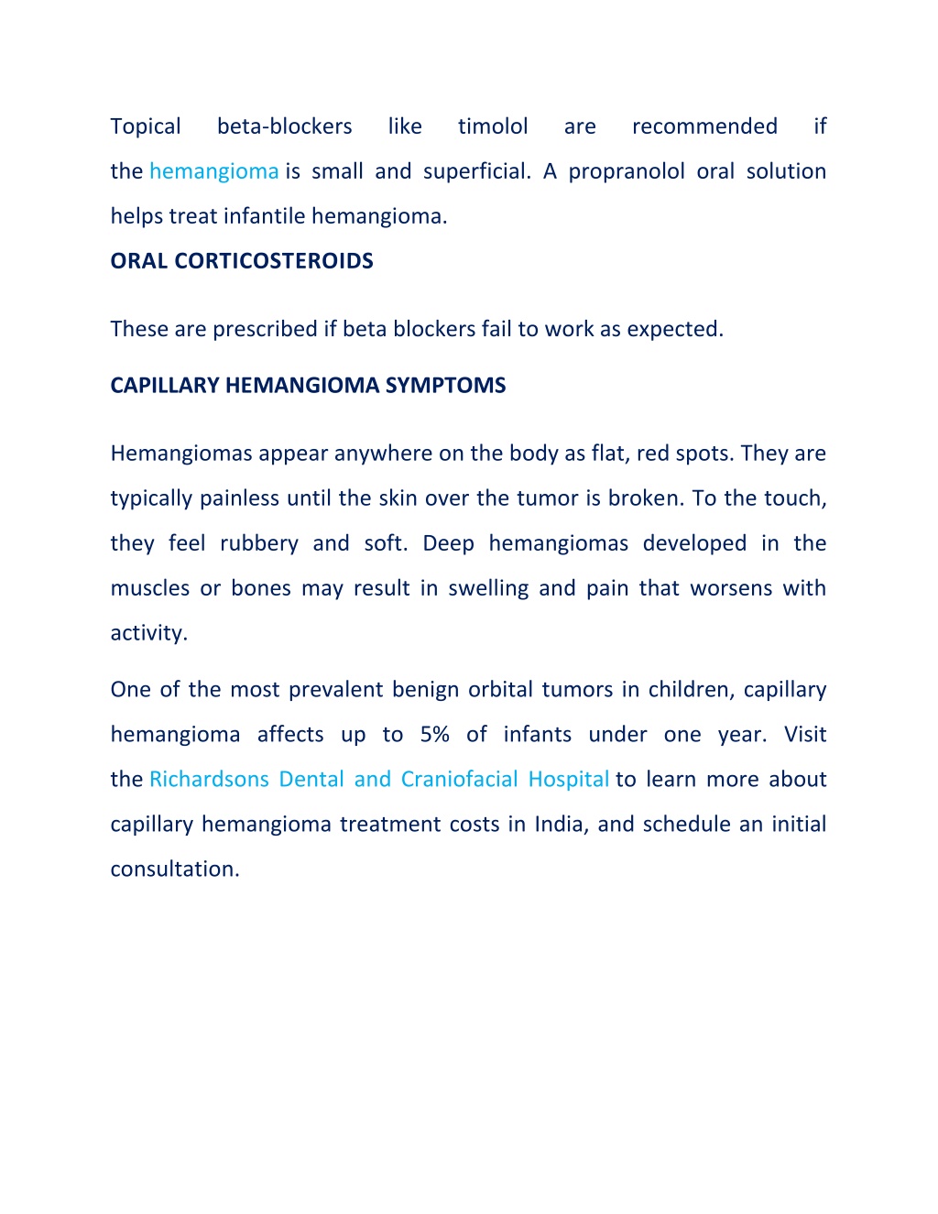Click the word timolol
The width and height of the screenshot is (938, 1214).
click(x=493, y=126)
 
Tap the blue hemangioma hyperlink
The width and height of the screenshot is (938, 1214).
click(x=213, y=171)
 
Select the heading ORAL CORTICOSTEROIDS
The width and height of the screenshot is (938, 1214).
click(x=242, y=261)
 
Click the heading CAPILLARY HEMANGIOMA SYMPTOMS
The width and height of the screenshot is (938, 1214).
click(x=308, y=386)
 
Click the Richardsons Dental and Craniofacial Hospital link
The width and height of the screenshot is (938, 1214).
click(x=379, y=780)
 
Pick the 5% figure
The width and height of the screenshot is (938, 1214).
click(x=434, y=735)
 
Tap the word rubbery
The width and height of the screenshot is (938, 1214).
click(x=259, y=544)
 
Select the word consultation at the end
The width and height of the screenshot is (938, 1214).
click(x=174, y=869)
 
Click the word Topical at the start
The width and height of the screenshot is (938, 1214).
click(x=146, y=126)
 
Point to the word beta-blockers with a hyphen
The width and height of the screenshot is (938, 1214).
click(x=284, y=126)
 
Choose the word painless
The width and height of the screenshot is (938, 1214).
click(x=239, y=498)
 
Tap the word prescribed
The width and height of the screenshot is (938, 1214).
click(x=265, y=330)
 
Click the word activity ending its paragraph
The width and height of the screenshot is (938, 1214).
click(x=147, y=633)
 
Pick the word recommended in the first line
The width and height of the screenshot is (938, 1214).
click(x=704, y=126)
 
